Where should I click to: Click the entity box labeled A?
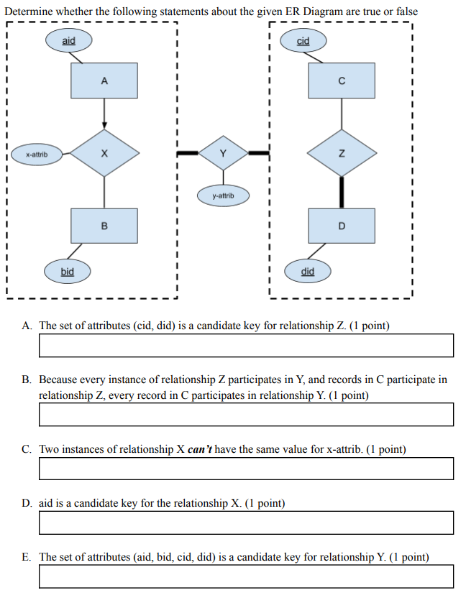coord(104,80)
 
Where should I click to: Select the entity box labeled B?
coord(104,226)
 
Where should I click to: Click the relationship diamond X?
coord(104,153)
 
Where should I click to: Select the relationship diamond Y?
coord(223,152)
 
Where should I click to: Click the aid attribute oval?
coord(68,41)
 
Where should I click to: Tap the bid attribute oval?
coord(67,272)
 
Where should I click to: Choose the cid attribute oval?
coord(303,41)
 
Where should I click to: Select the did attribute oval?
coord(307,272)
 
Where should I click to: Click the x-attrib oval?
coord(37,154)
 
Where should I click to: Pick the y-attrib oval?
coord(223,195)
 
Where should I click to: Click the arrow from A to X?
coord(104,114)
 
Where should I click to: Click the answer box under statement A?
coord(246,345)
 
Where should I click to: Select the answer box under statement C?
coord(246,469)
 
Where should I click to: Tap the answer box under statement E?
coord(246,576)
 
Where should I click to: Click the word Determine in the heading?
coord(28,11)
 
